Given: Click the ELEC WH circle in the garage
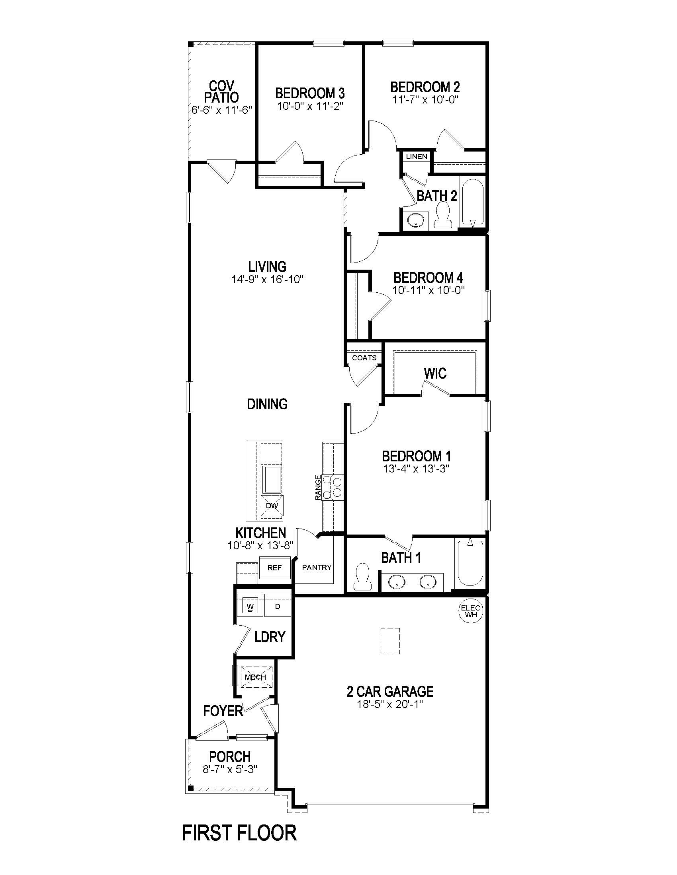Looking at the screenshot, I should [x=471, y=611].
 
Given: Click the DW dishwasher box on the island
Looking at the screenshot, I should [x=272, y=506].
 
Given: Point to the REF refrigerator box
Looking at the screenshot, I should [x=274, y=568].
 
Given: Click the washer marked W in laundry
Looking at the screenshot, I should [x=250, y=607].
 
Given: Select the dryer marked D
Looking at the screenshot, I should [x=278, y=607].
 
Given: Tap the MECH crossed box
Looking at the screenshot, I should [x=256, y=677].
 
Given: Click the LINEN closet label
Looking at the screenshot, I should [x=416, y=157].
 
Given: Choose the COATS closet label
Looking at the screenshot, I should [x=364, y=358].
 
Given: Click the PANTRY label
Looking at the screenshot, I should [x=317, y=567].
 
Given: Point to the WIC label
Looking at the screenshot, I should [x=435, y=373].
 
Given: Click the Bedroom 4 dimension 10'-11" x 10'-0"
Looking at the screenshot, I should [x=429, y=290].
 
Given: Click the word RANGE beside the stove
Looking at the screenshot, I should [x=318, y=488].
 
